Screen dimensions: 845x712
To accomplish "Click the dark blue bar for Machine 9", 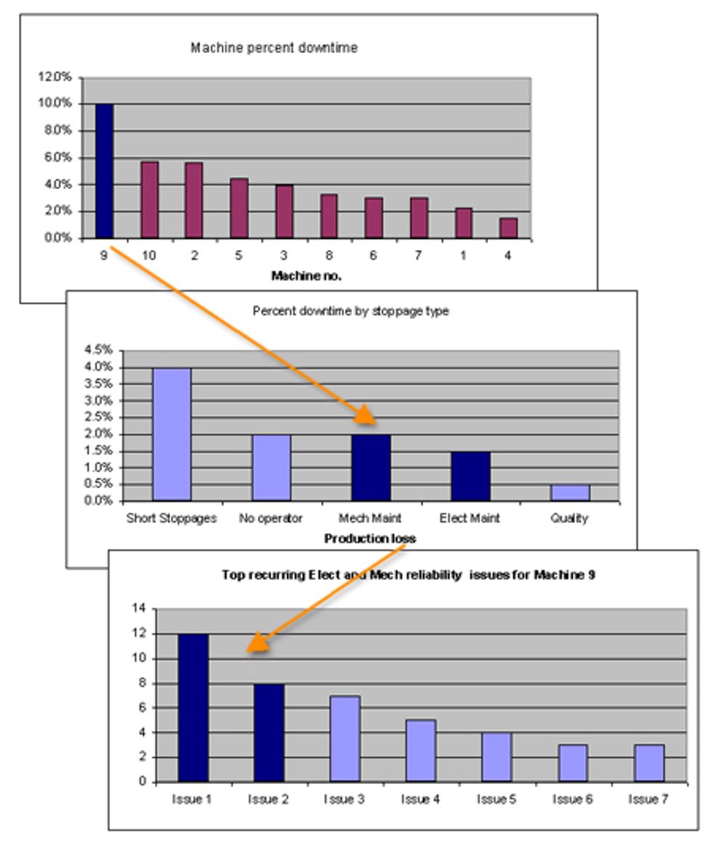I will point(104,171).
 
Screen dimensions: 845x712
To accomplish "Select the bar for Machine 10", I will point(149,201).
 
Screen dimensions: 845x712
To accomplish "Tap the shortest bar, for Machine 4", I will point(508,228).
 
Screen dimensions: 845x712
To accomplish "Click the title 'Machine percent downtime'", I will point(274,48).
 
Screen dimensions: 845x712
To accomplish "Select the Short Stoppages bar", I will point(171,434).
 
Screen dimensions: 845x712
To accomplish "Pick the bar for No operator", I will point(271,468).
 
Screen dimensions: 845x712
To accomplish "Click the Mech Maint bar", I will point(371,468).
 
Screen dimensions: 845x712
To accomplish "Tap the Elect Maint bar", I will point(470,476).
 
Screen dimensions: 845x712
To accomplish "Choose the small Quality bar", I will point(570,493).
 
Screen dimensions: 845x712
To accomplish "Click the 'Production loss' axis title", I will point(370,538).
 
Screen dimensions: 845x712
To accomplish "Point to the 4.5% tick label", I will point(99,349).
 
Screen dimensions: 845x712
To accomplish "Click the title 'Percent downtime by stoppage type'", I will point(350,311).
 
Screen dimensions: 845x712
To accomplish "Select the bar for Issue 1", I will point(193,708).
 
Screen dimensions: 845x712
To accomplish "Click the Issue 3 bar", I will point(345,739).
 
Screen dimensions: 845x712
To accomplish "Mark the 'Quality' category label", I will point(569,519).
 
